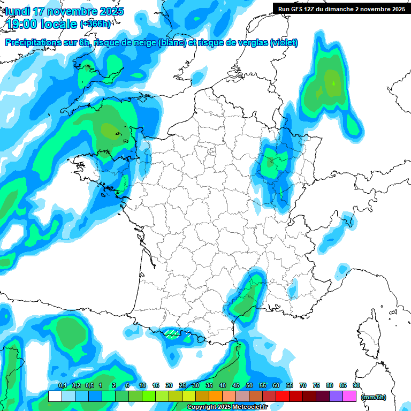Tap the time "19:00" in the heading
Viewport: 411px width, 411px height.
pos(21,24)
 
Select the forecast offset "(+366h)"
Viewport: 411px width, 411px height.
pos(95,24)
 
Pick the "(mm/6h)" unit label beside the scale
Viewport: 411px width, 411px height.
pos(374,397)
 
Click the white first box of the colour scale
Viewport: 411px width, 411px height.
pos(55,397)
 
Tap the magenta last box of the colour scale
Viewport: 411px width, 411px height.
pos(349,397)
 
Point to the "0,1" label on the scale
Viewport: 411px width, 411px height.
pos(63,385)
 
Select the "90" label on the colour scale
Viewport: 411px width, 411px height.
pos(356,385)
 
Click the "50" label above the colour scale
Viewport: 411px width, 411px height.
pos(249,385)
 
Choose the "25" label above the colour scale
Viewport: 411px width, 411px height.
pos(182,385)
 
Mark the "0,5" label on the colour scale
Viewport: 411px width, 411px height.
pos(89,385)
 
